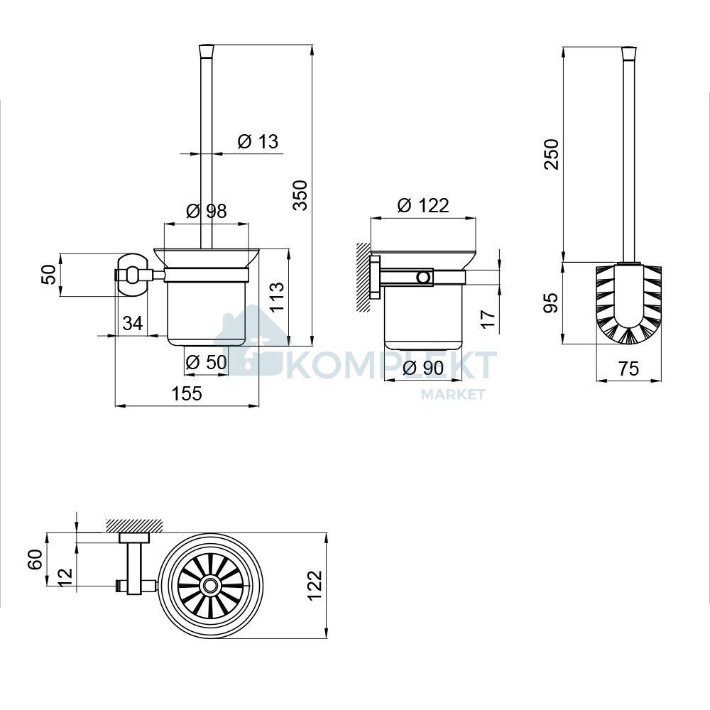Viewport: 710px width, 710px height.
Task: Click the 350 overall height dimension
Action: coord(300,195)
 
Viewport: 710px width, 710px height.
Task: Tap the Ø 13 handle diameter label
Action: coord(258,141)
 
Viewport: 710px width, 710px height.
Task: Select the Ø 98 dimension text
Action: coord(207,211)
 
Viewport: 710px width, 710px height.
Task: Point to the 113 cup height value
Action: coord(277,297)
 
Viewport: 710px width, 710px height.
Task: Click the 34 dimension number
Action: coord(133,323)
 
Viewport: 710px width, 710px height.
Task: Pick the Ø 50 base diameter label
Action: coord(206,362)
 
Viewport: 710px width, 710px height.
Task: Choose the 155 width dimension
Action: coord(187,393)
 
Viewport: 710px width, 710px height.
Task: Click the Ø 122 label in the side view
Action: coord(423,205)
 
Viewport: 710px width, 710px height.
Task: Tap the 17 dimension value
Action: coord(488,319)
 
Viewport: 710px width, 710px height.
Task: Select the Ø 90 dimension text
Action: coord(423,368)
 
